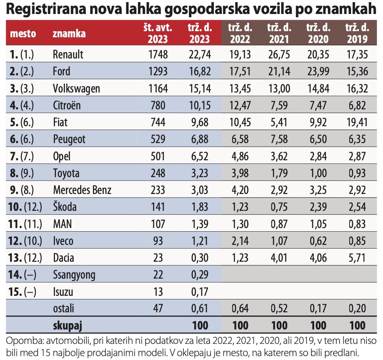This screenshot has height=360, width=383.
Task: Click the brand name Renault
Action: pyautogui.click(x=68, y=55)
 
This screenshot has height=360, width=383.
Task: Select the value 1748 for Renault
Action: pyautogui.click(x=158, y=55)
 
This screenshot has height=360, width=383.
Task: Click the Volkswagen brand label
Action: pyautogui.click(x=76, y=89)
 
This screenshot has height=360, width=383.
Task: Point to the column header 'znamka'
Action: pyautogui.click(x=69, y=34)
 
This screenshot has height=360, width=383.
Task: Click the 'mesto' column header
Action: pyautogui.click(x=23, y=34)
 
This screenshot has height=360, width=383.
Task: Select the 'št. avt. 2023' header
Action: pyautogui.click(x=159, y=33)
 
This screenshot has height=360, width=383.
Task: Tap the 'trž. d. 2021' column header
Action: pyautogui.click(x=279, y=33)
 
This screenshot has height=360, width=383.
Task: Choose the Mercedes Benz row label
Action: pyautogui.click(x=82, y=190)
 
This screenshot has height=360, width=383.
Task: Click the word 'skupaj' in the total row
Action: pyautogui.click(x=67, y=326)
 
